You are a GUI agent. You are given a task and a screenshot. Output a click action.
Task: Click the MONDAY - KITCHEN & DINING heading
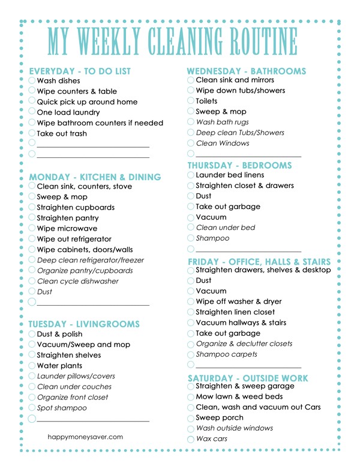(x=95, y=177)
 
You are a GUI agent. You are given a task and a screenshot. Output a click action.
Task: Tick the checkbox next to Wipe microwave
(x=32, y=229)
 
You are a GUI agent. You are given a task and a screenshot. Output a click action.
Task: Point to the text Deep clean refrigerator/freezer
(x=91, y=260)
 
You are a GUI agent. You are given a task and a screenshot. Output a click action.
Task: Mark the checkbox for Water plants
(x=32, y=365)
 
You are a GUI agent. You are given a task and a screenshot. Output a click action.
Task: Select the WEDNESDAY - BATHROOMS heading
(x=247, y=71)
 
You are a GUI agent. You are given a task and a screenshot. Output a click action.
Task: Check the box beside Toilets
(x=191, y=101)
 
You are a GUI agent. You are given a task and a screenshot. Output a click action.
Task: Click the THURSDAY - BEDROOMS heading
(x=240, y=165)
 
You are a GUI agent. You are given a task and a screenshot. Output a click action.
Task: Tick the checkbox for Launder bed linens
(x=191, y=175)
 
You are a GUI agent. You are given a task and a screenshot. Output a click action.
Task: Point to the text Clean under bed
(x=226, y=228)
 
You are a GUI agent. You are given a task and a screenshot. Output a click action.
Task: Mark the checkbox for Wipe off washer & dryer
(x=191, y=301)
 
